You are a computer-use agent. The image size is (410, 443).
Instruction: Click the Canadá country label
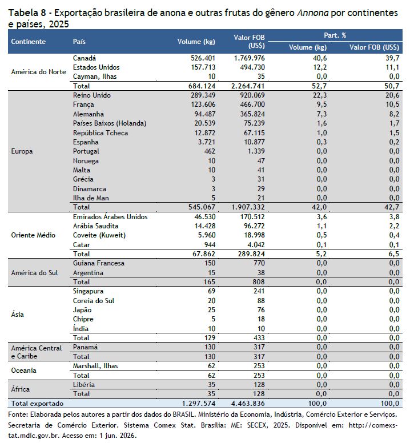point(84,58)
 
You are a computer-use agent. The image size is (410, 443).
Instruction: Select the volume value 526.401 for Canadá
point(203,58)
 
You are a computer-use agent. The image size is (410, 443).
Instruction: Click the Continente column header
point(28,42)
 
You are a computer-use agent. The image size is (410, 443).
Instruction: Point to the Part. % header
point(335,35)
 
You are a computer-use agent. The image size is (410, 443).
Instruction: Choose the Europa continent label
point(22,151)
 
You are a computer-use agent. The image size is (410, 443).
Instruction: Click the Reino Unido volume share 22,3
point(320,95)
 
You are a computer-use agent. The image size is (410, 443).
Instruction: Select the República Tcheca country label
point(101,133)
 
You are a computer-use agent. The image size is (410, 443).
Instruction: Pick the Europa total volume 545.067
point(202,207)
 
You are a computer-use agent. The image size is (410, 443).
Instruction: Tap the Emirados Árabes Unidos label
point(110,217)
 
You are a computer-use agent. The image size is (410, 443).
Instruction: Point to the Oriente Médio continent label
point(33,235)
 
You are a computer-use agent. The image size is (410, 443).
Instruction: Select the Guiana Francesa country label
point(99,263)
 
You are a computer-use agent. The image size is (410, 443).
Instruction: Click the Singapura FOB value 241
point(259,291)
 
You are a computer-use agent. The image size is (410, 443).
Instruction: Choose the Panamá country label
point(85,347)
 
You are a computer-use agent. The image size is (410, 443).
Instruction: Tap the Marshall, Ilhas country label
point(95,366)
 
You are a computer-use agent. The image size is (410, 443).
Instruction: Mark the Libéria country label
point(83,385)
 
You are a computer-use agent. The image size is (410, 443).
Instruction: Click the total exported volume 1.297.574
point(199,404)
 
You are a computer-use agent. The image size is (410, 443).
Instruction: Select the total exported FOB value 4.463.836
point(248,404)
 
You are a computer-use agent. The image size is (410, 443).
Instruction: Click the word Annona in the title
point(312,13)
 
